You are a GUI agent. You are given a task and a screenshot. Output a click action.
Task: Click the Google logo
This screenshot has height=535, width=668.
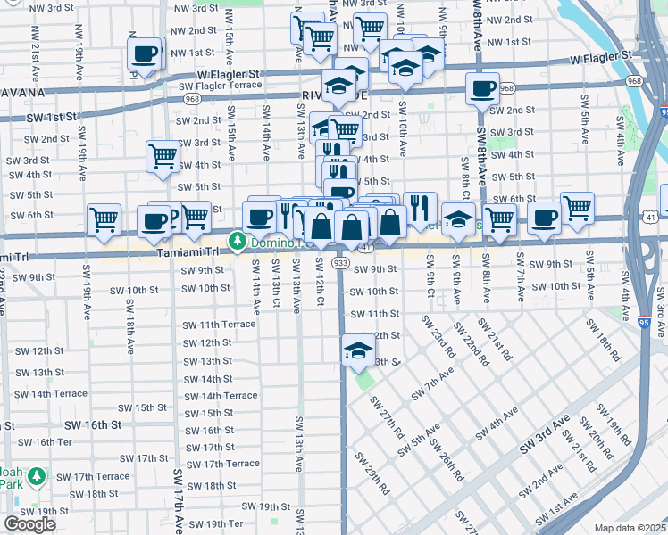pyautogui.click(x=29, y=524)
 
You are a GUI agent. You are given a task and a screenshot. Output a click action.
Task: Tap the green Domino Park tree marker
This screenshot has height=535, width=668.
pyautogui.click(x=237, y=241)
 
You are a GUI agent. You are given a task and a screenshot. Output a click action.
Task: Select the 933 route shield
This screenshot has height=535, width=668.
pyautogui.click(x=339, y=263)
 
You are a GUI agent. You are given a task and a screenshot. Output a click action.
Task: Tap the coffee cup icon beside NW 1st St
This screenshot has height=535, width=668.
pyautogui.click(x=145, y=53)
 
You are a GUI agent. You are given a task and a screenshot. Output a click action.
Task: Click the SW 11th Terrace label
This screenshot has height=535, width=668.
pyautogui.click(x=219, y=325)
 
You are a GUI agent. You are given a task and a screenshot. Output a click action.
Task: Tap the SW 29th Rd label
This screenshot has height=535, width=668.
pyautogui.click(x=372, y=473)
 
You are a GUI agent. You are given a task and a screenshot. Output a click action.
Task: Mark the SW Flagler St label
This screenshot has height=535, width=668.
pyautogui.click(x=221, y=86)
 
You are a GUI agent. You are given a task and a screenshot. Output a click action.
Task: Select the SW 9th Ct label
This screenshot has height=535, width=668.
pyautogui.click(x=430, y=277)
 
